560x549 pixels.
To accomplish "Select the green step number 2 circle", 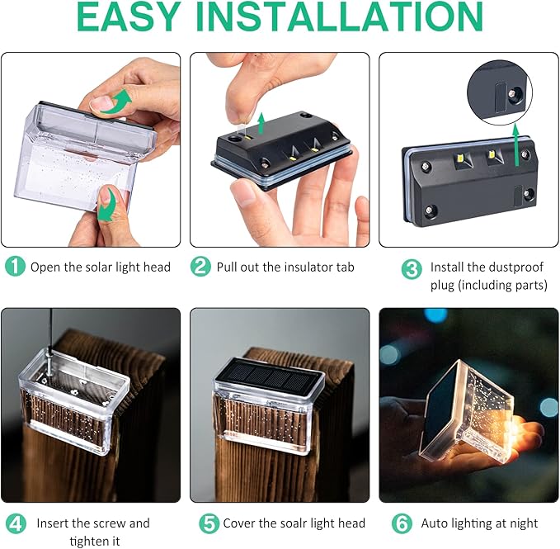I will pyautogui.click(x=200, y=267).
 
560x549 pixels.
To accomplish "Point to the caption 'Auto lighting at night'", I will pyautogui.click(x=479, y=523).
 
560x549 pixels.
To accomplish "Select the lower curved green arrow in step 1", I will pyautogui.click(x=105, y=203).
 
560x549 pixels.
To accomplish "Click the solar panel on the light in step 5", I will pyautogui.click(x=267, y=381).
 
